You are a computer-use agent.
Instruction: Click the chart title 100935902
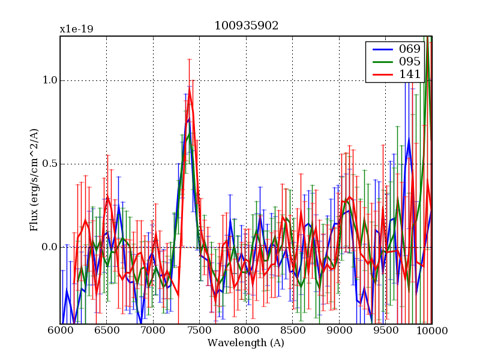click(x=246, y=26)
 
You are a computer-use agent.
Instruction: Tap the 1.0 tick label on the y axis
click(x=50, y=80)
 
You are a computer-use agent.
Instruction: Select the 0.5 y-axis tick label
click(x=50, y=164)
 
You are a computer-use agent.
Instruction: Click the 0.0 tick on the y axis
click(x=50, y=247)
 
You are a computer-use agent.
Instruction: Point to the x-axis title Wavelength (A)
click(x=246, y=343)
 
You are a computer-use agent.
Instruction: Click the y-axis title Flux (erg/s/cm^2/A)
click(x=34, y=180)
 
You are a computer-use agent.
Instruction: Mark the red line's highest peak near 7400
click(x=190, y=94)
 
